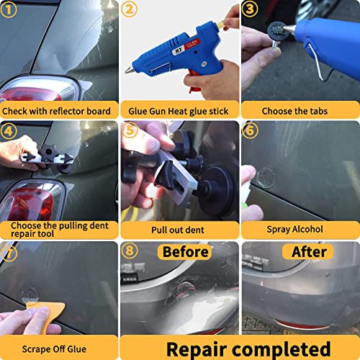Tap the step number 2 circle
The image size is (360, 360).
click(130, 10)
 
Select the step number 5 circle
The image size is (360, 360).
click(130, 132)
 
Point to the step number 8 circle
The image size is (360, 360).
click(130, 252)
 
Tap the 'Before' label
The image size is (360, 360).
click(185, 252)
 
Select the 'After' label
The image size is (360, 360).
click(309, 252)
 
